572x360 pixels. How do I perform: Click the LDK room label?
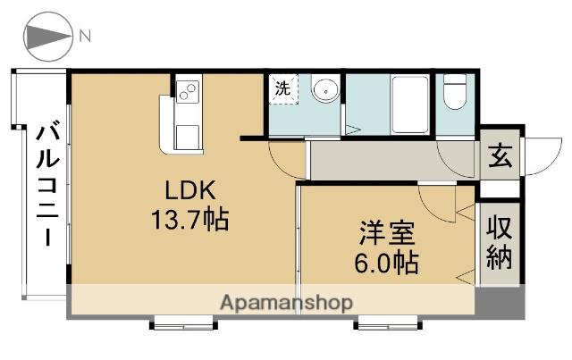coord(189,189)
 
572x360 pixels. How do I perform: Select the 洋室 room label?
coord(386,235)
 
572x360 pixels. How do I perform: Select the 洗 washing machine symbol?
coord(282,89)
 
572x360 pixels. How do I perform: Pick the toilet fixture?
coord(456,94)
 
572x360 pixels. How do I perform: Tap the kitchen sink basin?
coord(189,136)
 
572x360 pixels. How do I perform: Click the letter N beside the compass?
coord(86,37)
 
